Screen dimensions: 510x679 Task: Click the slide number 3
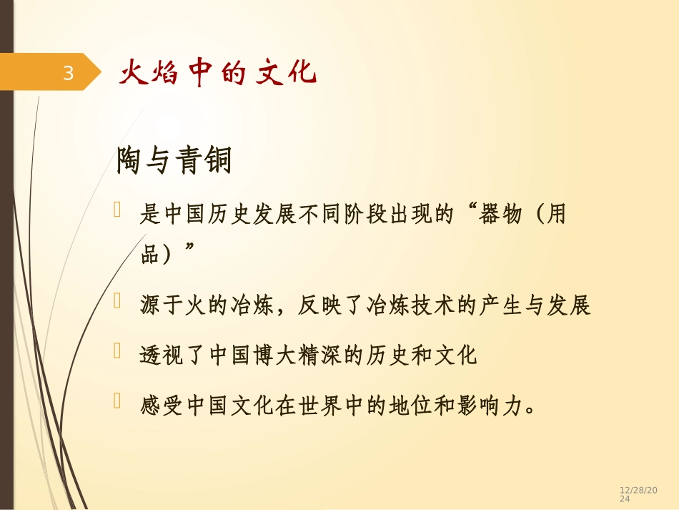click(x=69, y=72)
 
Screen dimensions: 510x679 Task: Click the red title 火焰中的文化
click(x=217, y=73)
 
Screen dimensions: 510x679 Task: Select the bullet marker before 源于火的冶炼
click(x=118, y=303)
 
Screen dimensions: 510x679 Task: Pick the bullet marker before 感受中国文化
click(x=118, y=403)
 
